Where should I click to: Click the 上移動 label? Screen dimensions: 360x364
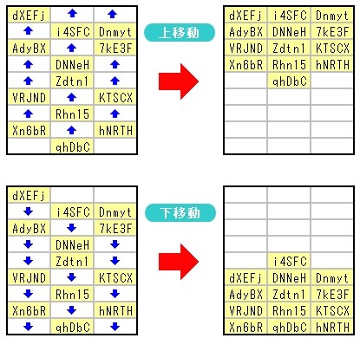click(180, 33)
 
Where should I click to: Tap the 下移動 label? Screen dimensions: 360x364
click(180, 213)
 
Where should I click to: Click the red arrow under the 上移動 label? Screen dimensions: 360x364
click(179, 81)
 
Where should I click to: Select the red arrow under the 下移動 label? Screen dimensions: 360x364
click(179, 262)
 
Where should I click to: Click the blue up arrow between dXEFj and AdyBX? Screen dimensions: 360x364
click(29, 30)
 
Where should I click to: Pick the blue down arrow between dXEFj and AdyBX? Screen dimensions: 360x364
click(29, 211)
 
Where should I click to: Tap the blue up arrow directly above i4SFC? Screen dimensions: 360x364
click(72, 13)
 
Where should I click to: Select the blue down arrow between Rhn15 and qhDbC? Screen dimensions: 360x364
click(72, 310)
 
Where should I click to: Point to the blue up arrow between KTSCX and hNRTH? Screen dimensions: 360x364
click(115, 114)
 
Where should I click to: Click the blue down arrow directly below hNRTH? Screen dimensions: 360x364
click(115, 327)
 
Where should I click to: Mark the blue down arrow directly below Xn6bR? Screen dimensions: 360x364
click(29, 327)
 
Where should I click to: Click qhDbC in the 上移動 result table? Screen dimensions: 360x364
click(289, 81)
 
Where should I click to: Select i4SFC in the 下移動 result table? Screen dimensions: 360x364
click(290, 262)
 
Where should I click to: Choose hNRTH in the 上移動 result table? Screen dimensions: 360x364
click(332, 65)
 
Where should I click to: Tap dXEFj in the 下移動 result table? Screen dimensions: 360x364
click(245, 278)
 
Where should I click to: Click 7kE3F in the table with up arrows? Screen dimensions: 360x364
click(115, 49)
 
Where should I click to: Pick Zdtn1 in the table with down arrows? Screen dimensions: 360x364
click(72, 262)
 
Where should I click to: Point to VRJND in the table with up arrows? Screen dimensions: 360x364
click(29, 98)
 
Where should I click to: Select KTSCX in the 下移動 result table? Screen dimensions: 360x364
click(332, 311)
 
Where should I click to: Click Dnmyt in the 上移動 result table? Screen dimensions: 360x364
click(332, 16)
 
